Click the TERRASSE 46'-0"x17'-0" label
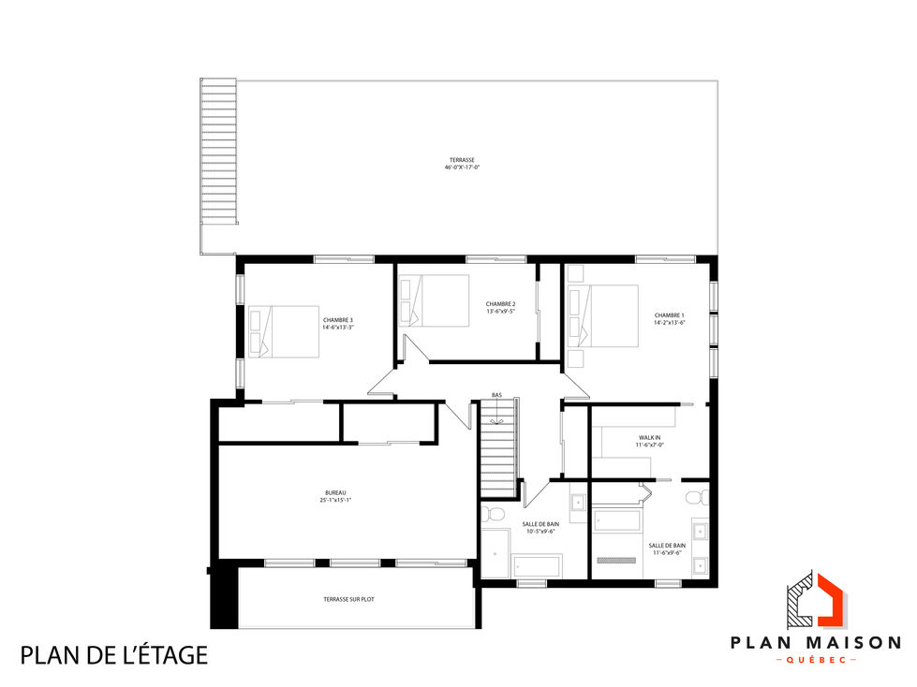point(463,164)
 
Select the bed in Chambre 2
point(435,300)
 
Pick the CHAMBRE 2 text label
point(501,307)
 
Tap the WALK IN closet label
point(650,440)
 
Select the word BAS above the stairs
point(496,395)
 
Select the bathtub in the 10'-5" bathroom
point(536,565)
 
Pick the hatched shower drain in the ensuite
point(616,561)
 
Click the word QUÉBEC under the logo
point(815,661)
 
